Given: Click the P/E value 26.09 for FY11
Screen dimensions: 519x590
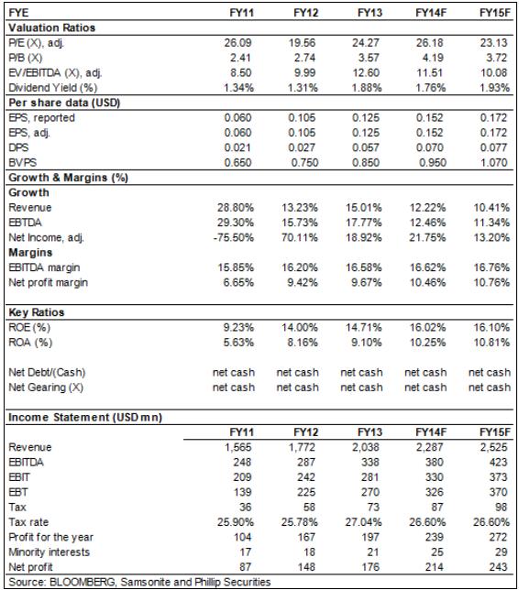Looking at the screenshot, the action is coord(237,43).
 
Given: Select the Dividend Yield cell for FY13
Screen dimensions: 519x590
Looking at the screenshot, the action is coord(367,88).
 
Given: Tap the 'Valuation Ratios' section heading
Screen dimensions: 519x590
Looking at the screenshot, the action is coord(51,27).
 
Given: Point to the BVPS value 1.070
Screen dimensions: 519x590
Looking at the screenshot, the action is coord(493,163).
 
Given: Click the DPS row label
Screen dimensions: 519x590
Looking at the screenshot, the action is coord(18,147).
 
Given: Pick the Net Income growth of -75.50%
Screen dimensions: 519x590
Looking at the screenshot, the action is coord(234,238).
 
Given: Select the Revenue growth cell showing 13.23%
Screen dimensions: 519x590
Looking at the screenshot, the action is coord(300,208).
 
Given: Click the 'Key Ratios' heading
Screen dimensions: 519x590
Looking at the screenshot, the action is coord(36,312).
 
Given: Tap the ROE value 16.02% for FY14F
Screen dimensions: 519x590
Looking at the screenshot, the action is coord(427,328).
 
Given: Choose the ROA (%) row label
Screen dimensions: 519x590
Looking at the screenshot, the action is coord(30,343).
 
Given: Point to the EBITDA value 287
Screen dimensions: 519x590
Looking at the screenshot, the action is coord(306,463).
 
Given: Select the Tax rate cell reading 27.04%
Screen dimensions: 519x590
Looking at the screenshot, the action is coord(363,522).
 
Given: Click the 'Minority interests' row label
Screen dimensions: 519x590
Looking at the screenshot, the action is coord(49,552).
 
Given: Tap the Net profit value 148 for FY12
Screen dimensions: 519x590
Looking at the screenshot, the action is coord(306,567).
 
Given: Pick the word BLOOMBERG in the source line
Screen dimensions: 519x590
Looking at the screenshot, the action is coord(83,582).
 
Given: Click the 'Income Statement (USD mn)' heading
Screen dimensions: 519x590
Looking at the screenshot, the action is coord(85,418).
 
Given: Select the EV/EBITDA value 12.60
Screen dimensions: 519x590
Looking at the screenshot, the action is coord(366,73).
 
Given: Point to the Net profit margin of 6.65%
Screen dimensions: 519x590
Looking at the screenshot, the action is coord(238,282).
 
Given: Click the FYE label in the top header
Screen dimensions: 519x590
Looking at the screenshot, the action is coord(18,13).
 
